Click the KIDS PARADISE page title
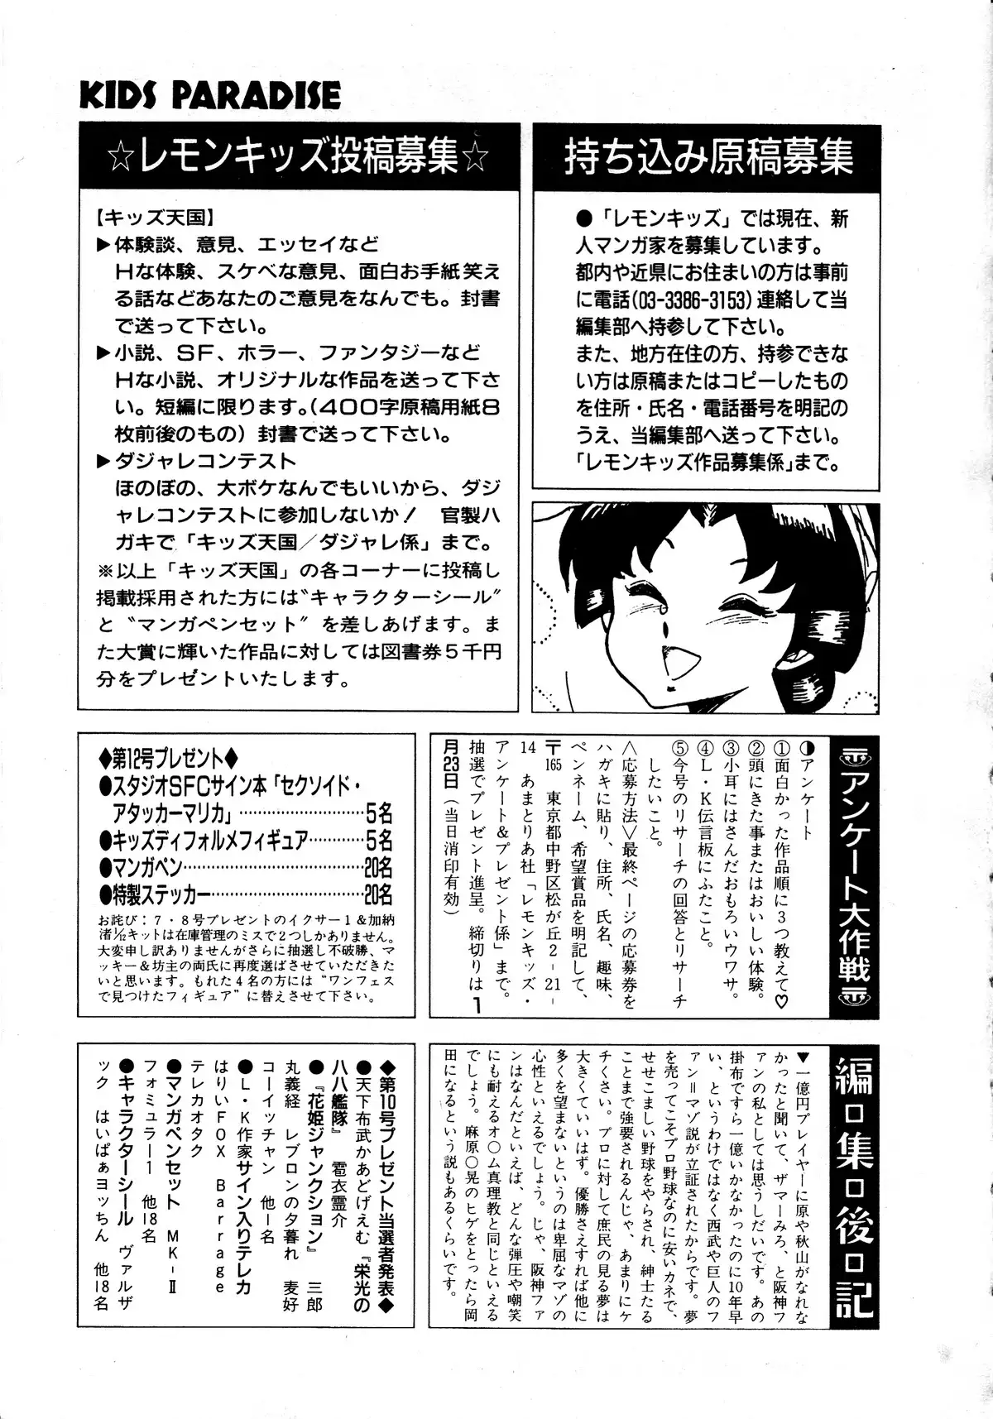[x=209, y=95]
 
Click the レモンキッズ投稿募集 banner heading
[x=299, y=156]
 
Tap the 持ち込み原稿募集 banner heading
[x=708, y=156]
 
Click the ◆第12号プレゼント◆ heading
[x=169, y=756]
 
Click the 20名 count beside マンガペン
[x=377, y=867]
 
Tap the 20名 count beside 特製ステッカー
[x=377, y=894]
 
